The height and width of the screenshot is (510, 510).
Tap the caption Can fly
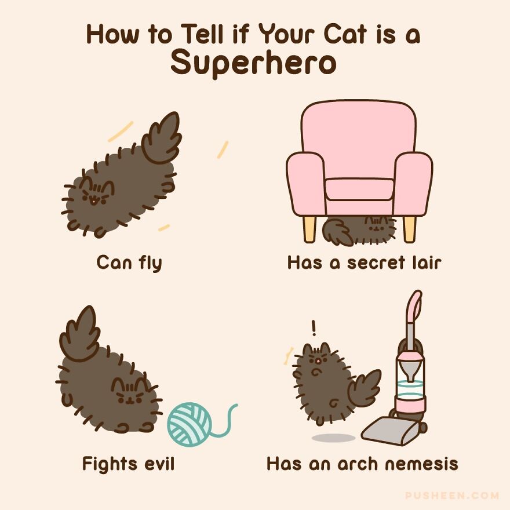129,263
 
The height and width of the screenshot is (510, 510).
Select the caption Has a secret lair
364,263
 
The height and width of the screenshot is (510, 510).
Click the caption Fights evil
128,464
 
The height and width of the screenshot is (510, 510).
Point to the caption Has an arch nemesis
362,464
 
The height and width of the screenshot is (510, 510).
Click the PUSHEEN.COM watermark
452,496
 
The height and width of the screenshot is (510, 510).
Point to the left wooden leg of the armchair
309,228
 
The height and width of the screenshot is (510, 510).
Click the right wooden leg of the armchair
409,228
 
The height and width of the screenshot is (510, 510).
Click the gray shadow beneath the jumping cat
333,438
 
